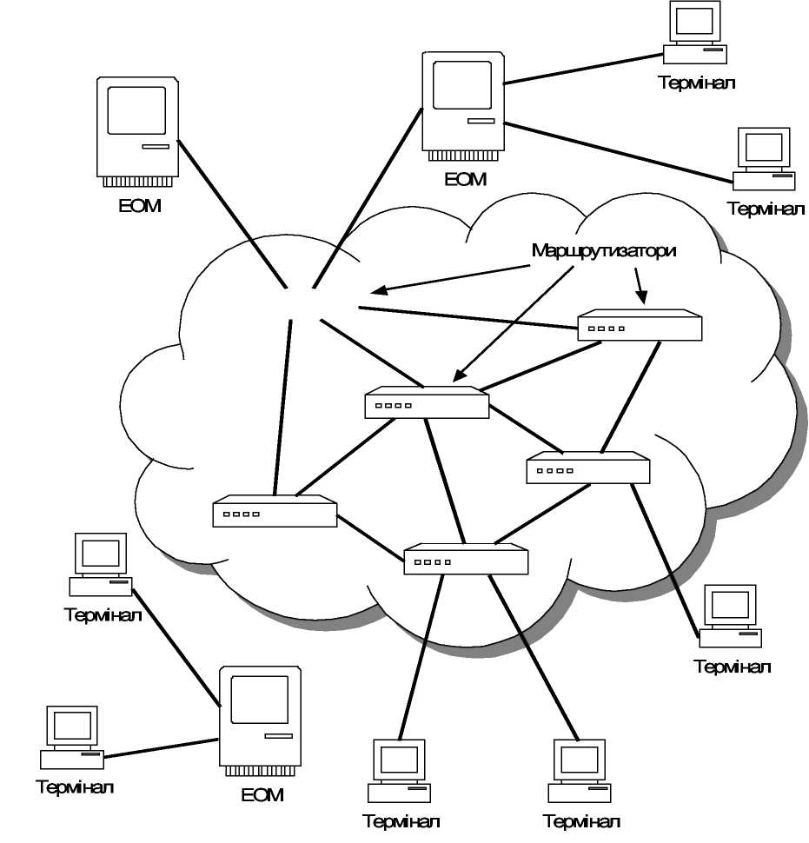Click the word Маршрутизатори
click(604, 250)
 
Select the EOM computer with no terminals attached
click(137, 130)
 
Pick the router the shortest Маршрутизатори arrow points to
click(640, 325)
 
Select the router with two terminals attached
click(466, 560)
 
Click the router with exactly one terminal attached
click(588, 468)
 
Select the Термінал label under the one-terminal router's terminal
click(733, 667)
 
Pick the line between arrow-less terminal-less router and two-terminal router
click(370, 534)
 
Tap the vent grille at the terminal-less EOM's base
click(137, 182)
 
